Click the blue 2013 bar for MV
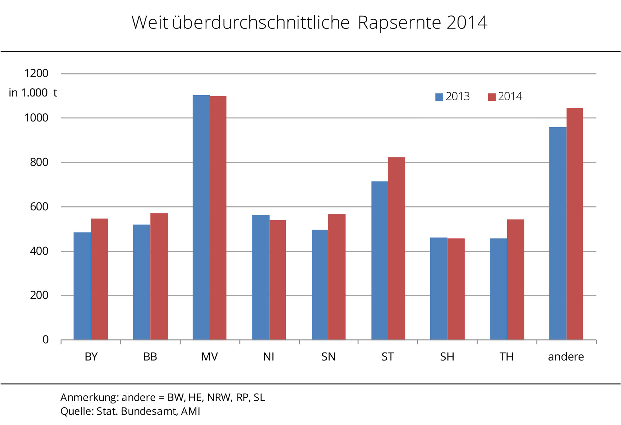(x=201, y=217)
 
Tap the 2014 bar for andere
(x=575, y=224)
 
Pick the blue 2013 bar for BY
(x=82, y=286)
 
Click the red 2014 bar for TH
(x=515, y=279)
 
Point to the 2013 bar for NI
(x=261, y=277)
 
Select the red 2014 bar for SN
(x=337, y=277)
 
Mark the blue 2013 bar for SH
(x=438, y=288)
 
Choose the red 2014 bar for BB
(x=159, y=276)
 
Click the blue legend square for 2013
(x=439, y=97)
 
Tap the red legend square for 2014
(x=492, y=97)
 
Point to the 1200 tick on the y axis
(x=36, y=73)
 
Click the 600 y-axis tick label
(x=39, y=207)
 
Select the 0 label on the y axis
(x=45, y=339)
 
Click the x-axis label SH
(x=447, y=357)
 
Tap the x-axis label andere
(x=566, y=357)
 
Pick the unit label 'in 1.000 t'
(x=33, y=93)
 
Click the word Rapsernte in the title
(x=399, y=23)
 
